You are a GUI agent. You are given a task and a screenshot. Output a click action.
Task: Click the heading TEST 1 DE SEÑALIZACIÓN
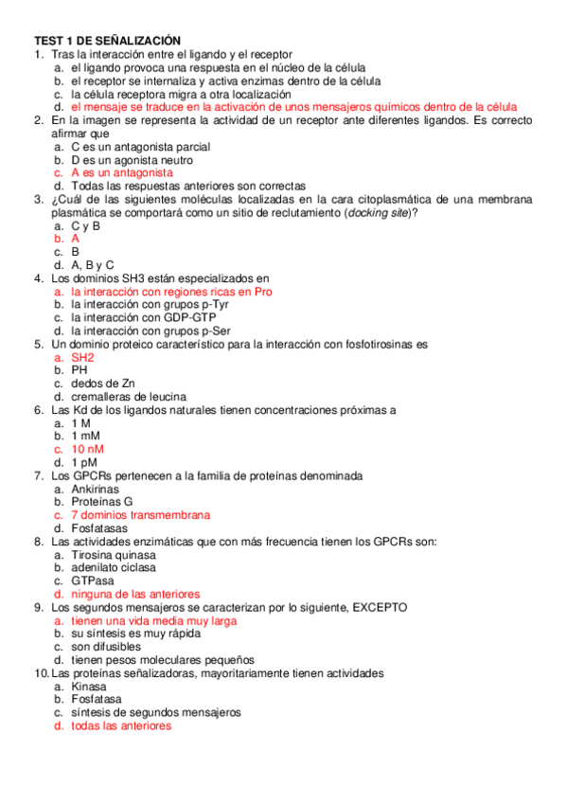107,41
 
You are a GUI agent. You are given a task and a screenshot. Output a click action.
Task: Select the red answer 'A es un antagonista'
122,173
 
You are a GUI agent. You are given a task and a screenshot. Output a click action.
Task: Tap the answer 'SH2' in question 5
82,357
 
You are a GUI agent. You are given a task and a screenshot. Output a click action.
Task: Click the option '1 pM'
84,462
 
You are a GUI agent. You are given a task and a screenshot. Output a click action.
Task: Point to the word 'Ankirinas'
96,489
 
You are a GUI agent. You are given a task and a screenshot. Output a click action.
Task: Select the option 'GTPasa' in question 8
92,580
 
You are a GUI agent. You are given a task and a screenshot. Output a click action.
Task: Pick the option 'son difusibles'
106,647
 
